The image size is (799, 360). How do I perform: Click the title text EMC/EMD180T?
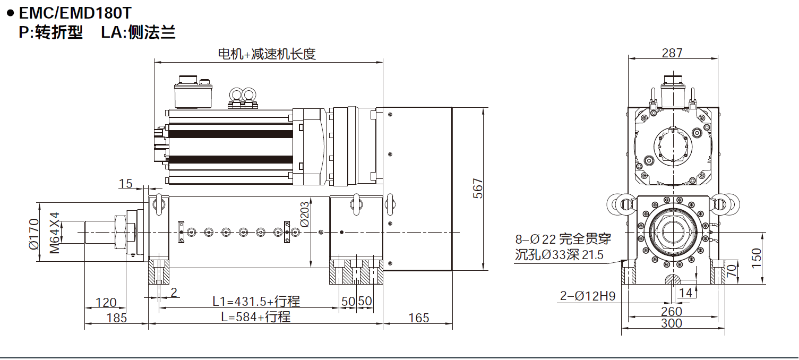pos(74,12)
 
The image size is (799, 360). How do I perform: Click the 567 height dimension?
pos(478,188)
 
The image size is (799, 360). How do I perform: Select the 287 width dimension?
pos(672,53)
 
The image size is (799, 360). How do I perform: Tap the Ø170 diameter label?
pos(34,234)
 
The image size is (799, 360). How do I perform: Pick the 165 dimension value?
pos(419,318)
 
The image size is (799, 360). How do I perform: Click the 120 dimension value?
pos(106,303)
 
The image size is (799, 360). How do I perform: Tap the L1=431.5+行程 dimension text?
pos(256,302)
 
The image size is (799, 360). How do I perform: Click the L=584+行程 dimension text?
pos(256,317)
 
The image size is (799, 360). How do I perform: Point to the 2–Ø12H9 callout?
pos(588,296)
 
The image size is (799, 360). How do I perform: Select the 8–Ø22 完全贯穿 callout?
pos(559,239)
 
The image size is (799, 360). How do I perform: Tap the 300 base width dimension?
pos(672,323)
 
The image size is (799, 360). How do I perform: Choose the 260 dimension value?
pos(672,311)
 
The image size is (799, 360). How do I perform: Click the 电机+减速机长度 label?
pos(267,54)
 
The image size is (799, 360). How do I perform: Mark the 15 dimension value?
pos(125,184)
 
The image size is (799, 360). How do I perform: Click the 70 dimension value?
pos(732,272)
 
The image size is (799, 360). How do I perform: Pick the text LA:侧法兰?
pos(138,33)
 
